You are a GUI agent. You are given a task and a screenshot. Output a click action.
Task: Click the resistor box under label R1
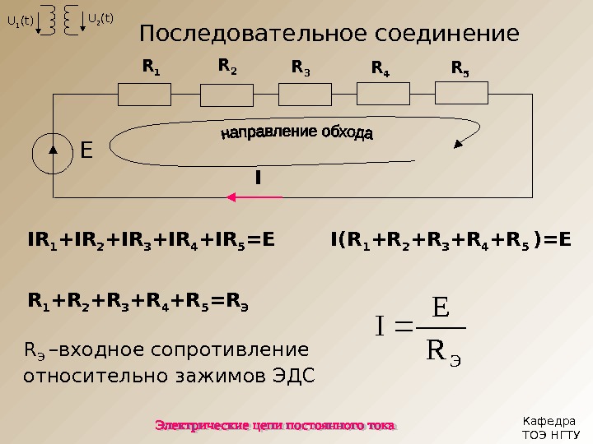[145, 95]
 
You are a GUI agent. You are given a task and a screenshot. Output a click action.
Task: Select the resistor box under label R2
[224, 95]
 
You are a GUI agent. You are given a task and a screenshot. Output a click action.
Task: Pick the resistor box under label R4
[383, 95]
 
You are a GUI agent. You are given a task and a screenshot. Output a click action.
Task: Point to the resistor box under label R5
[461, 95]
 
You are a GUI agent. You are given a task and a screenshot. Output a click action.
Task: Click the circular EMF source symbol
[54, 152]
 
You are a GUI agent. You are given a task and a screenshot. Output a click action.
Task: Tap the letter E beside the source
[86, 151]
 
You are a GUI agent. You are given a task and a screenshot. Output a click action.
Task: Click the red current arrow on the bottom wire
[254, 197]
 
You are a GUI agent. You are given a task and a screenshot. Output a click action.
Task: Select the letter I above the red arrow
[258, 177]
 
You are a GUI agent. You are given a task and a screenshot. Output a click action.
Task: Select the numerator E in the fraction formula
[440, 309]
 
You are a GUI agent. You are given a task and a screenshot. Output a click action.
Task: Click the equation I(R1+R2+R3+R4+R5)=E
[450, 240]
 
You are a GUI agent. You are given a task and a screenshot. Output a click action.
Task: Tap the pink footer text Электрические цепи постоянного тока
[276, 425]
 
